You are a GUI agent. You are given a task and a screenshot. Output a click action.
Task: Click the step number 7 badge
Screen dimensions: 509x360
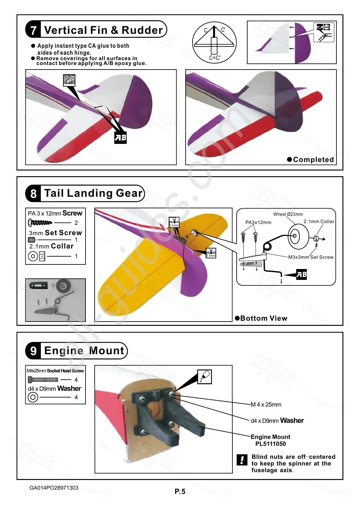(33, 30)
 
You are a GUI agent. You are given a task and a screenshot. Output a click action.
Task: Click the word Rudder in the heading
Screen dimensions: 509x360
(142, 30)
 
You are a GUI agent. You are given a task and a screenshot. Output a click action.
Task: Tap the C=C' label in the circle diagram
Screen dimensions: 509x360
(215, 58)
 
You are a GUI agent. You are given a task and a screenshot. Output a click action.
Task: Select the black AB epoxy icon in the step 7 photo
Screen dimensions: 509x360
(120, 138)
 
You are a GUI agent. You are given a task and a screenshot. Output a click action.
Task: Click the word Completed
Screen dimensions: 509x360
(313, 160)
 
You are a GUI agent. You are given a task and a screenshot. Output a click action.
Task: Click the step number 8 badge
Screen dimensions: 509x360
(33, 193)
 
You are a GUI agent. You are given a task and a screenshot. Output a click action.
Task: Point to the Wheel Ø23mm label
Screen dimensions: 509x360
(288, 214)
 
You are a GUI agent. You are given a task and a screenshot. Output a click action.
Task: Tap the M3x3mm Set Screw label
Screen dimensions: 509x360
(311, 257)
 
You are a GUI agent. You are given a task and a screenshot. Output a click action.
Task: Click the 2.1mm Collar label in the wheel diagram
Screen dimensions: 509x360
(319, 222)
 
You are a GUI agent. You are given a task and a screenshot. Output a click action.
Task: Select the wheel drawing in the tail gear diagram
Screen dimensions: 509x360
(298, 236)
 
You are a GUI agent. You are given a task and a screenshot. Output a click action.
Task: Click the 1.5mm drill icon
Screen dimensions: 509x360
(174, 222)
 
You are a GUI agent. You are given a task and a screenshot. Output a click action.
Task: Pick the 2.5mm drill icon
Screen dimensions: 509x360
(211, 253)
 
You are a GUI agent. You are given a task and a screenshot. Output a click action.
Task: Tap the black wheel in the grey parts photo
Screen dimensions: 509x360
(63, 286)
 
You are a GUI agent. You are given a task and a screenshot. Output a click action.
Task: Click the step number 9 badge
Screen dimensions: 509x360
(33, 351)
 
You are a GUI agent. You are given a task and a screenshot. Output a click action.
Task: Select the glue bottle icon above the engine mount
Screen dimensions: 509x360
(205, 377)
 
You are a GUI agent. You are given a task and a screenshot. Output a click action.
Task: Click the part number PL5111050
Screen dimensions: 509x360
(271, 444)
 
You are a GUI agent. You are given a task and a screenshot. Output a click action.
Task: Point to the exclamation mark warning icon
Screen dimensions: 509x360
(242, 460)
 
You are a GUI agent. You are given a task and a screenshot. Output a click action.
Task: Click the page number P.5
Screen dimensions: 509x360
(180, 491)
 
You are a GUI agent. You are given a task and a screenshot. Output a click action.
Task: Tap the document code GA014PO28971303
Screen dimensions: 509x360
(54, 488)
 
